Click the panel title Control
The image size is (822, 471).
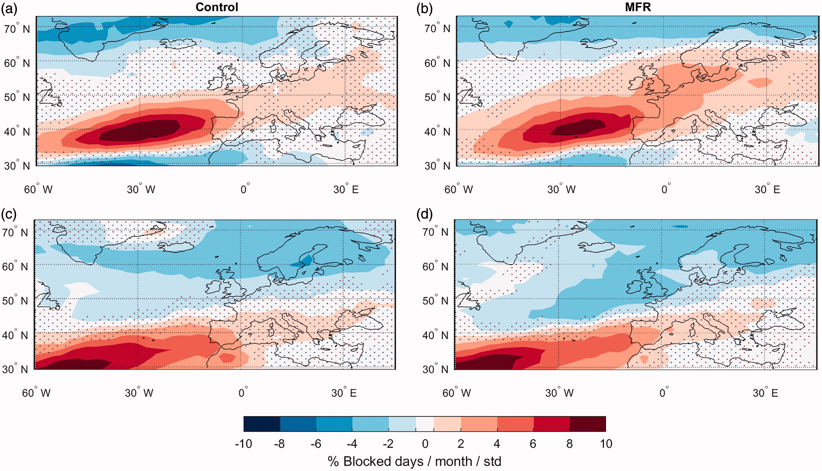pos(217,7)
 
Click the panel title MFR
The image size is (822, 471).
pos(638,7)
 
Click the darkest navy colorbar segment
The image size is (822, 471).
pos(262,424)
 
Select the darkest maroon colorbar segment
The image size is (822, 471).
pos(588,424)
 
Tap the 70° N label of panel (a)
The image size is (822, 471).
pos(17,28)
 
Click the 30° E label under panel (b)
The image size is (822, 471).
pos(767,189)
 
